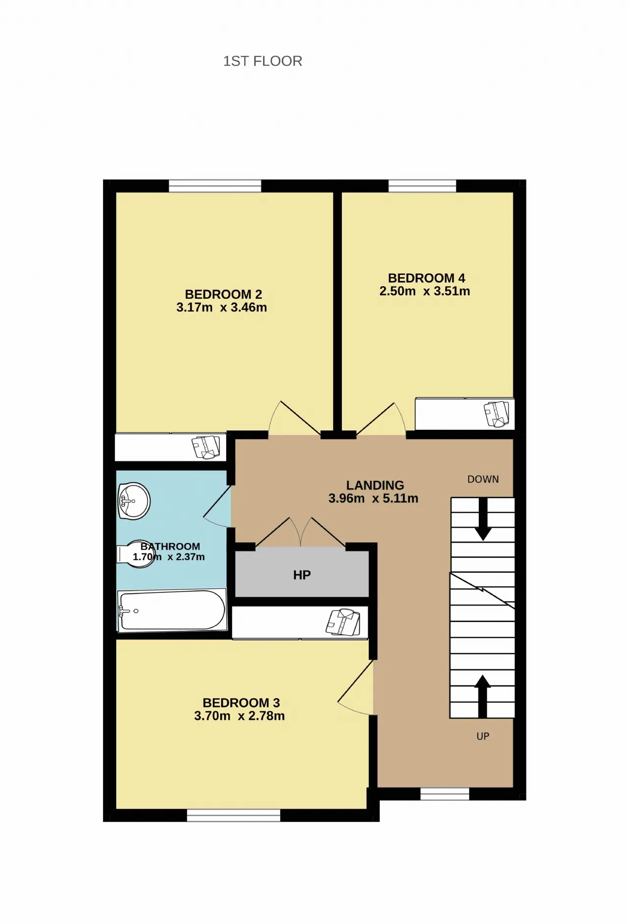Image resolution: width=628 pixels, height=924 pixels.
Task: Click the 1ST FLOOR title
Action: [x=262, y=61]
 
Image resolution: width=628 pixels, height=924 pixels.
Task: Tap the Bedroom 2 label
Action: [x=223, y=294]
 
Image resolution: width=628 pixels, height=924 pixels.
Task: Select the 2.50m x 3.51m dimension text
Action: [x=424, y=291]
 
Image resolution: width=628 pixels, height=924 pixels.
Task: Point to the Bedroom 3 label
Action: [x=241, y=703]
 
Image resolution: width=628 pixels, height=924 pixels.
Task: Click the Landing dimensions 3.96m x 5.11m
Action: [x=373, y=499]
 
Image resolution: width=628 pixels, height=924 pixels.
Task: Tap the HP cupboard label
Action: [x=302, y=575]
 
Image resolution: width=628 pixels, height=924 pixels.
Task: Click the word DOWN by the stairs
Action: [x=483, y=479]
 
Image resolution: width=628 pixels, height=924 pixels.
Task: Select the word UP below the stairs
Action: [x=483, y=736]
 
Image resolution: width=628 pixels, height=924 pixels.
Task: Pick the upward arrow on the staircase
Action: [x=483, y=696]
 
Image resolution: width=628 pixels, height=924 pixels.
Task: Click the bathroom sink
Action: [x=133, y=501]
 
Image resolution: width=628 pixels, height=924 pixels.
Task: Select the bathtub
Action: [x=172, y=610]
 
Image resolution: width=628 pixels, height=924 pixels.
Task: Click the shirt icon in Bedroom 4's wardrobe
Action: [x=497, y=414]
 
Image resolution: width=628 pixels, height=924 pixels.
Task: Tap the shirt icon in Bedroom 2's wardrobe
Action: [x=206, y=447]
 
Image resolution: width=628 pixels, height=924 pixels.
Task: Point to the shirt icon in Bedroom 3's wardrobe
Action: [x=343, y=622]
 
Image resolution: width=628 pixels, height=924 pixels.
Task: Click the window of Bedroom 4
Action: [x=422, y=186]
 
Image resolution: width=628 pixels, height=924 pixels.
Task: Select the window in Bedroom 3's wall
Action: [x=234, y=815]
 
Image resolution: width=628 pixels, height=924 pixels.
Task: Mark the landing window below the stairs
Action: [x=445, y=794]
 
